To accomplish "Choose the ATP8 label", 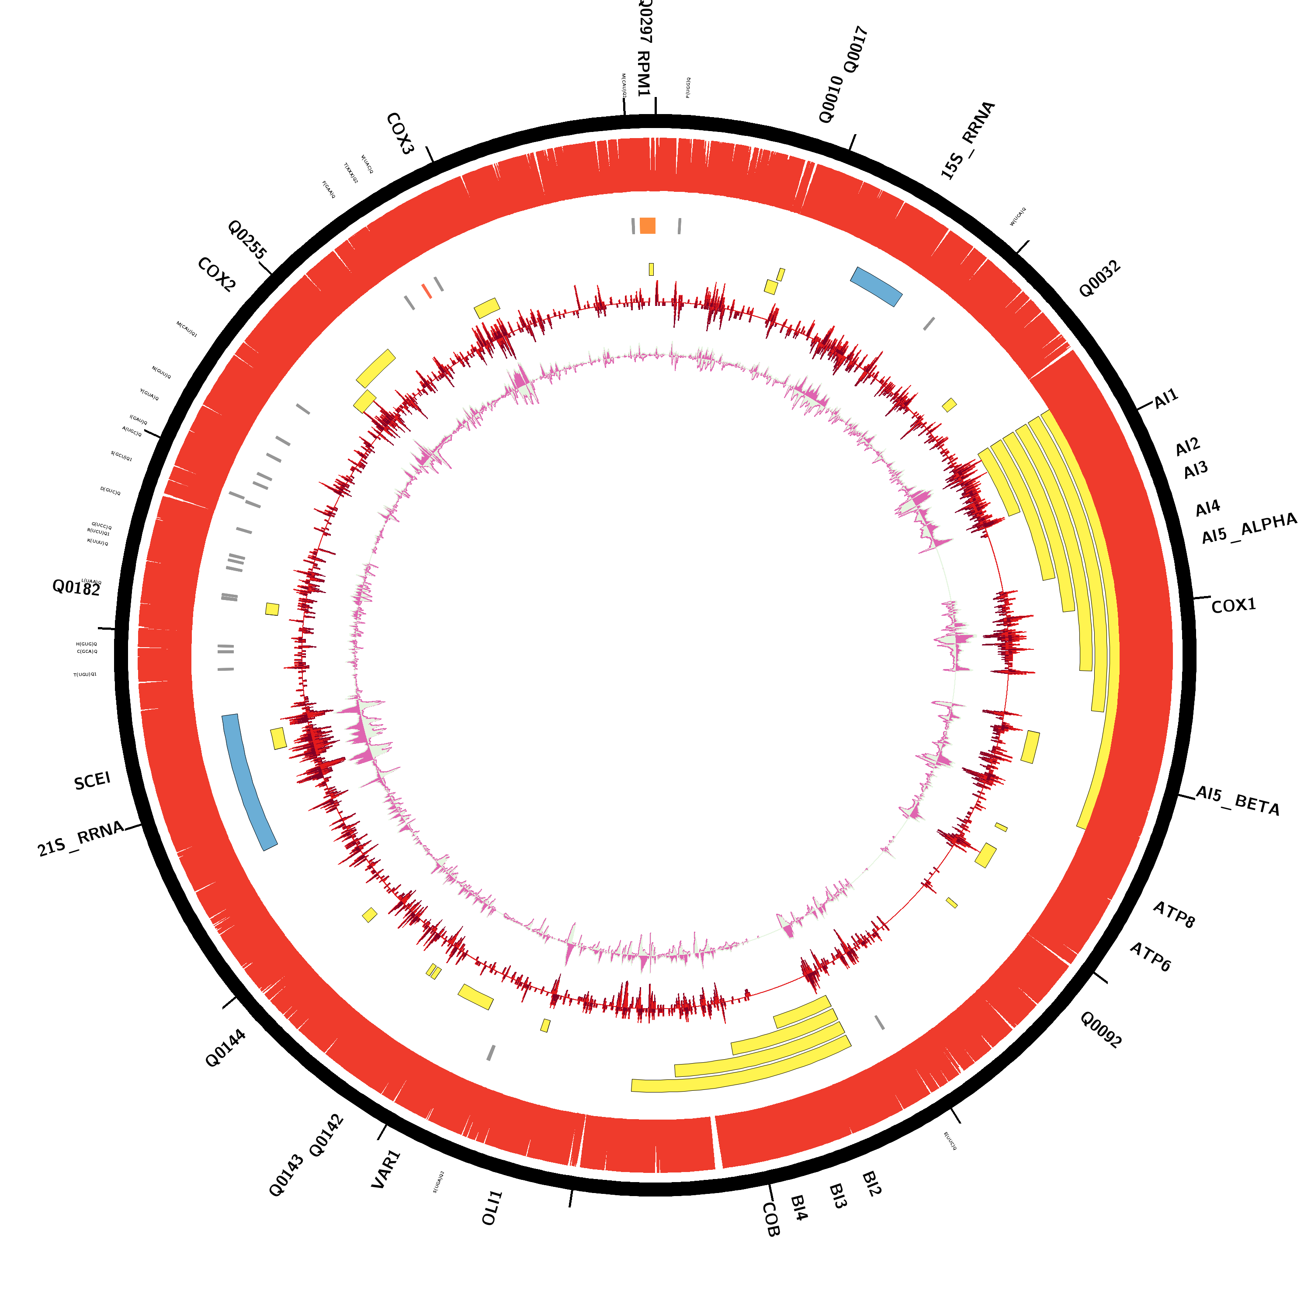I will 1174,915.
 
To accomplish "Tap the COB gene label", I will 771,1219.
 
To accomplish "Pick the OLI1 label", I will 492,1208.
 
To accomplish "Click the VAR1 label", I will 386,1169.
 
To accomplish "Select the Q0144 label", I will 225,1048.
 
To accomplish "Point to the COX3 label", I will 400,134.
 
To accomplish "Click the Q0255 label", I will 247,239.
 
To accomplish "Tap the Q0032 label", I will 1099,279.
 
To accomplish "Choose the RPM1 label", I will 643,73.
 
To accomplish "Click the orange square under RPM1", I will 647,225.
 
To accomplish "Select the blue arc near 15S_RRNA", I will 876,286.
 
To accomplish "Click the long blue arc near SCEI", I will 249,782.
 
